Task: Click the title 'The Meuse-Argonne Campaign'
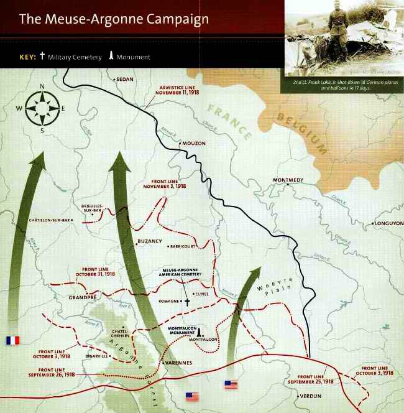tap(114, 19)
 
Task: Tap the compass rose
tap(42, 108)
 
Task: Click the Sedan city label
tap(124, 80)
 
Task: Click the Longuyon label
tap(388, 223)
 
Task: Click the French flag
tap(12, 340)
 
